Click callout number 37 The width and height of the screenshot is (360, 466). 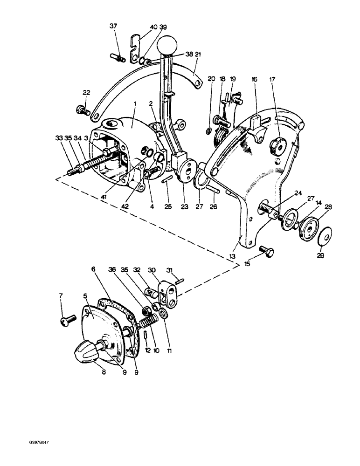click(114, 26)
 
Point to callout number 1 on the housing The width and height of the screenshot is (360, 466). click(134, 102)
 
